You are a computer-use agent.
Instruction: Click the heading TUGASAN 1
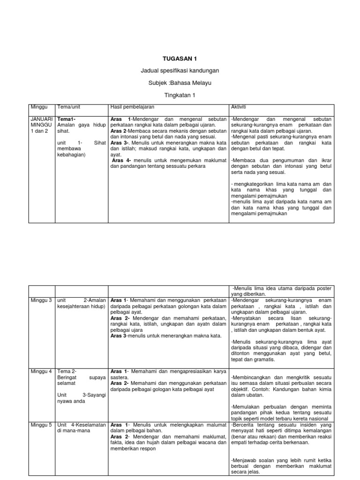point(180,59)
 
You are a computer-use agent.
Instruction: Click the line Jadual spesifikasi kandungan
point(180,71)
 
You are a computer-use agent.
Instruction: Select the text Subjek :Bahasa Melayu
point(180,83)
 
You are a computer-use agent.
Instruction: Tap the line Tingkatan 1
point(180,95)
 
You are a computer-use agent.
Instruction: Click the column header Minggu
point(39,107)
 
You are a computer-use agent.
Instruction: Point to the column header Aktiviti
point(240,107)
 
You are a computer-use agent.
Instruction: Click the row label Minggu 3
point(41,300)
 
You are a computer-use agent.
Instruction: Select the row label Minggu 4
point(41,371)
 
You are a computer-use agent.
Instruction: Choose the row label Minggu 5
point(41,425)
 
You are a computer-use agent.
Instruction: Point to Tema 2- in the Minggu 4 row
point(66,371)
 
